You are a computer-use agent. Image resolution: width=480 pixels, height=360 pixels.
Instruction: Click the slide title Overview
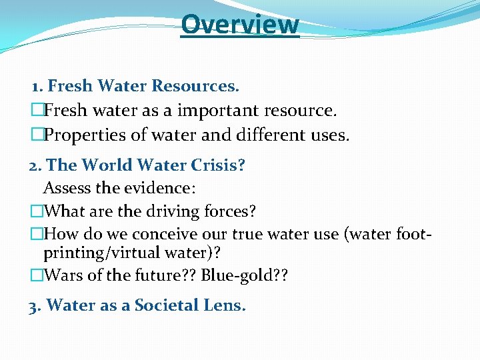tap(240, 24)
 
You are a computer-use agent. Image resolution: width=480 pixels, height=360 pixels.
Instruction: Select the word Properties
tap(85, 135)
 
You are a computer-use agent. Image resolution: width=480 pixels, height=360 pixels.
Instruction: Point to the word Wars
tap(65, 275)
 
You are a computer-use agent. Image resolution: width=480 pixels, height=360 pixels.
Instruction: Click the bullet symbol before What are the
tap(37, 212)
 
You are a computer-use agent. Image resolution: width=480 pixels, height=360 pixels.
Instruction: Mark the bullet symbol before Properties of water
tap(37, 135)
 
